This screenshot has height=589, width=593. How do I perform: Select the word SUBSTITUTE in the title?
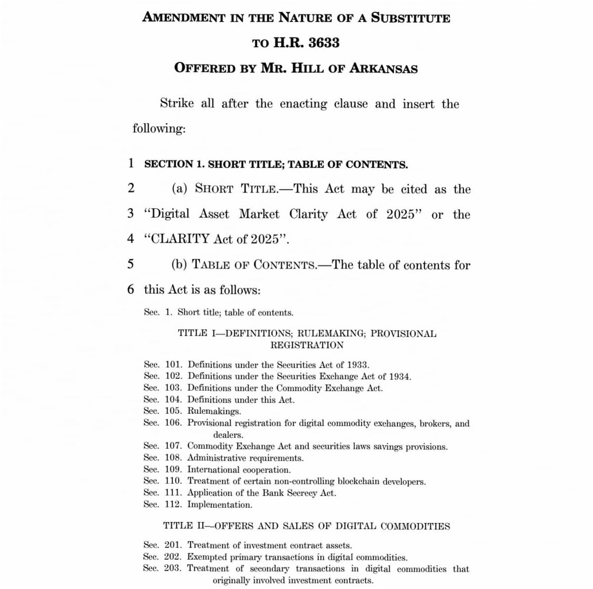[410, 18]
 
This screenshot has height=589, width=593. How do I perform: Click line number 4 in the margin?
[130, 239]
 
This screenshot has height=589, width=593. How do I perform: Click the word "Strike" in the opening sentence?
[180, 104]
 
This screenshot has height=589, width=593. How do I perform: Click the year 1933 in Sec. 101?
[357, 365]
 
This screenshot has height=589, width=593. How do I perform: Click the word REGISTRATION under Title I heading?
[307, 345]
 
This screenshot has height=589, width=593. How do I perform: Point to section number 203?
[174, 569]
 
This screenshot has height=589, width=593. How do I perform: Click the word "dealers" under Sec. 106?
[228, 435]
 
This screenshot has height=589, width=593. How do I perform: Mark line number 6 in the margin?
[130, 289]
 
